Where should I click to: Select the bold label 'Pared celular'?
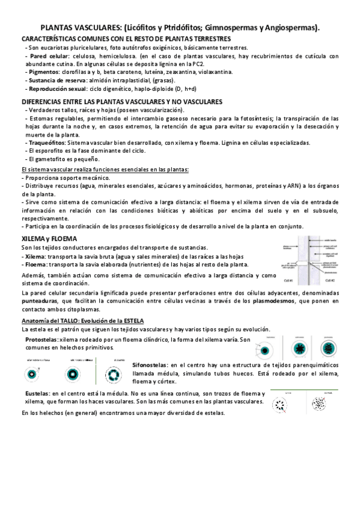(44, 55)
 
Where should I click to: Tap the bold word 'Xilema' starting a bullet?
(34, 256)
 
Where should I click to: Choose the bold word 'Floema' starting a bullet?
(34, 264)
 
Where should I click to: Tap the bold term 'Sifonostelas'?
(150, 364)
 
